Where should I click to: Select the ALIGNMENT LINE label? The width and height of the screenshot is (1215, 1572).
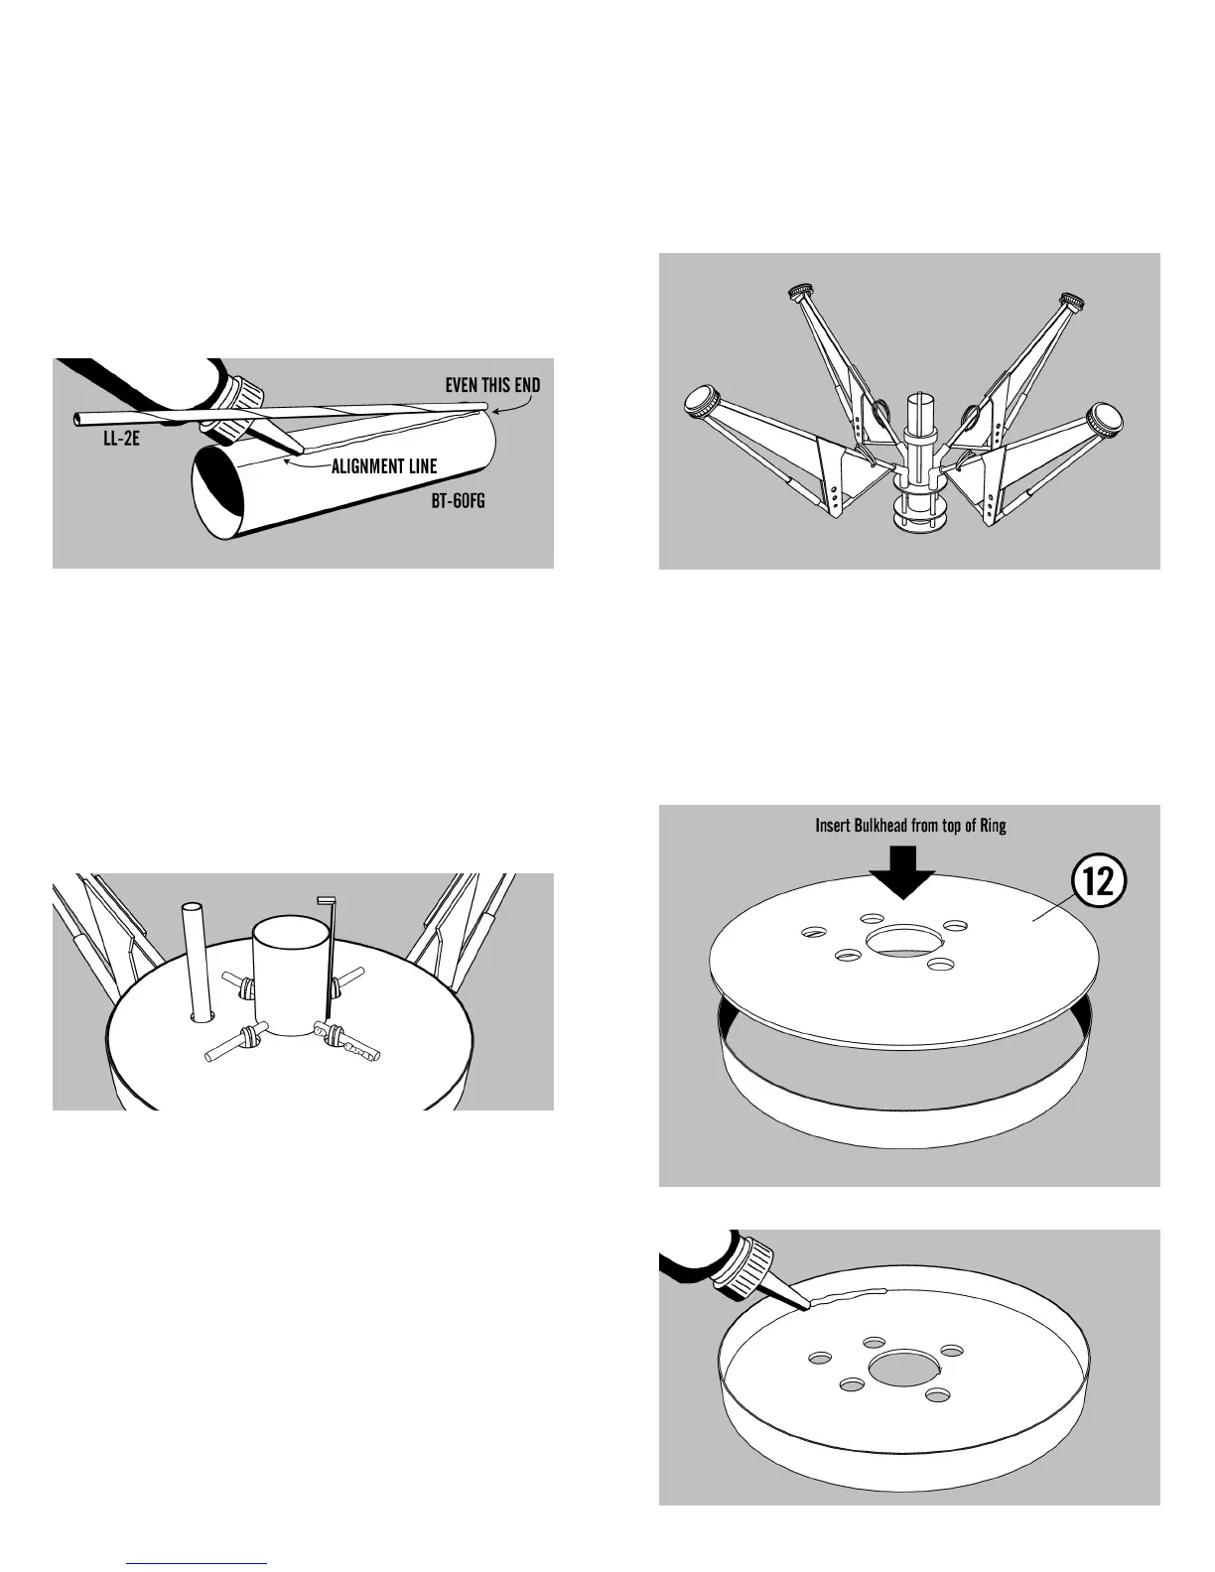pyautogui.click(x=383, y=466)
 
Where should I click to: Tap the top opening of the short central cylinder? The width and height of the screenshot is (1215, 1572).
pyautogui.click(x=290, y=933)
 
